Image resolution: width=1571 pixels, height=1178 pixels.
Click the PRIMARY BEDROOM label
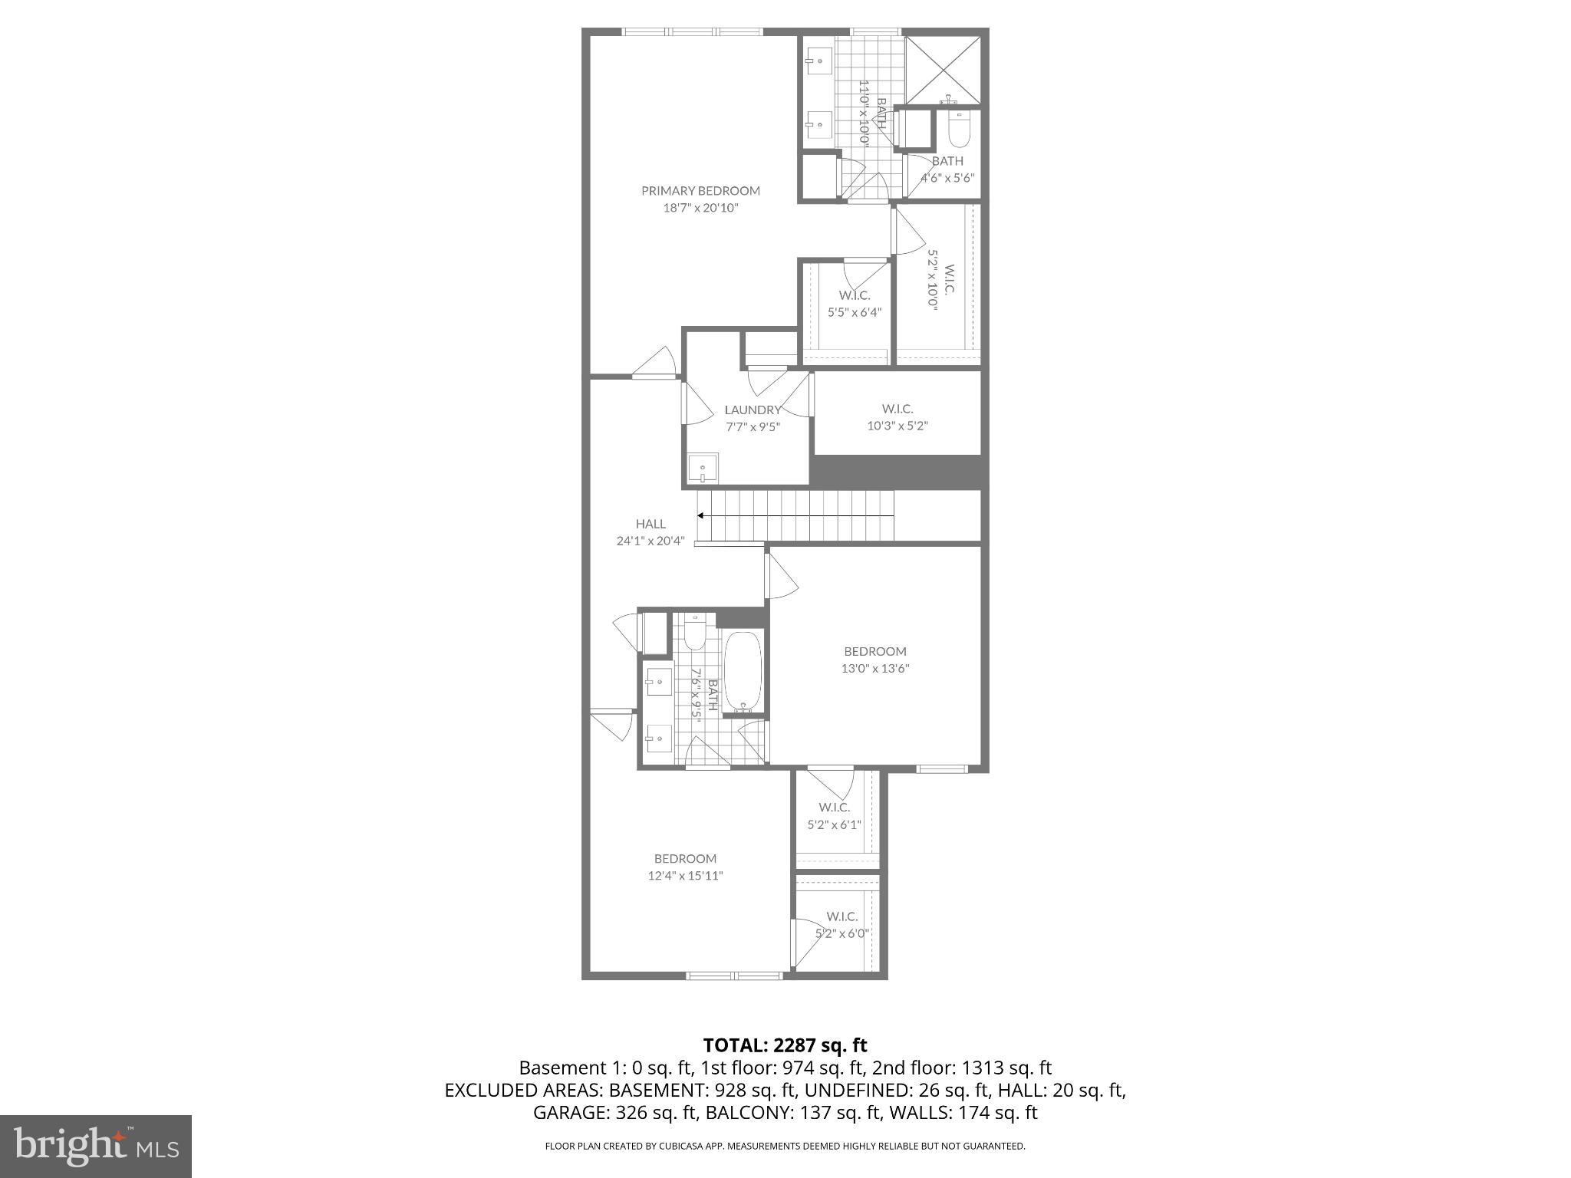click(700, 191)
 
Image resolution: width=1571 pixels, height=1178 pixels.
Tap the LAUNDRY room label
click(752, 410)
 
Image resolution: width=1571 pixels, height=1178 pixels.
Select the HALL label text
click(650, 524)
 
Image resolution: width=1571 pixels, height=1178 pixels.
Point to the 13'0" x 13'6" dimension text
click(874, 668)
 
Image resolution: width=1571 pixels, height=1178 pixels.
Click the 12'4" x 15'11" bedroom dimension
click(685, 876)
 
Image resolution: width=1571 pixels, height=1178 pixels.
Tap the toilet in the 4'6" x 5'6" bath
click(959, 130)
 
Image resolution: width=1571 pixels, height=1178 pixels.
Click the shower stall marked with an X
click(944, 68)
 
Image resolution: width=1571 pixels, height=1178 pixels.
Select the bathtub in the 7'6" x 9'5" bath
click(743, 671)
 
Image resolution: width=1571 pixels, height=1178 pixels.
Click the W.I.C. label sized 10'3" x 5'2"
click(897, 409)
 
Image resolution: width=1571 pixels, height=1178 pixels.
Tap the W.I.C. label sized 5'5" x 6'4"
click(854, 295)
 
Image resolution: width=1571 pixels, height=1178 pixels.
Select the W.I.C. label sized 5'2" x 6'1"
click(834, 808)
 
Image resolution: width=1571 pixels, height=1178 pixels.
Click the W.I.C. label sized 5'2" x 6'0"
click(841, 916)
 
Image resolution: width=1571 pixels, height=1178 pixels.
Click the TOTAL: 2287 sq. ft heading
click(785, 1045)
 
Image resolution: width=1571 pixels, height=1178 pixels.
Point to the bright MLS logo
click(96, 1146)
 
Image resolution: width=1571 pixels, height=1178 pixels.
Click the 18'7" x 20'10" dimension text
click(700, 208)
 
